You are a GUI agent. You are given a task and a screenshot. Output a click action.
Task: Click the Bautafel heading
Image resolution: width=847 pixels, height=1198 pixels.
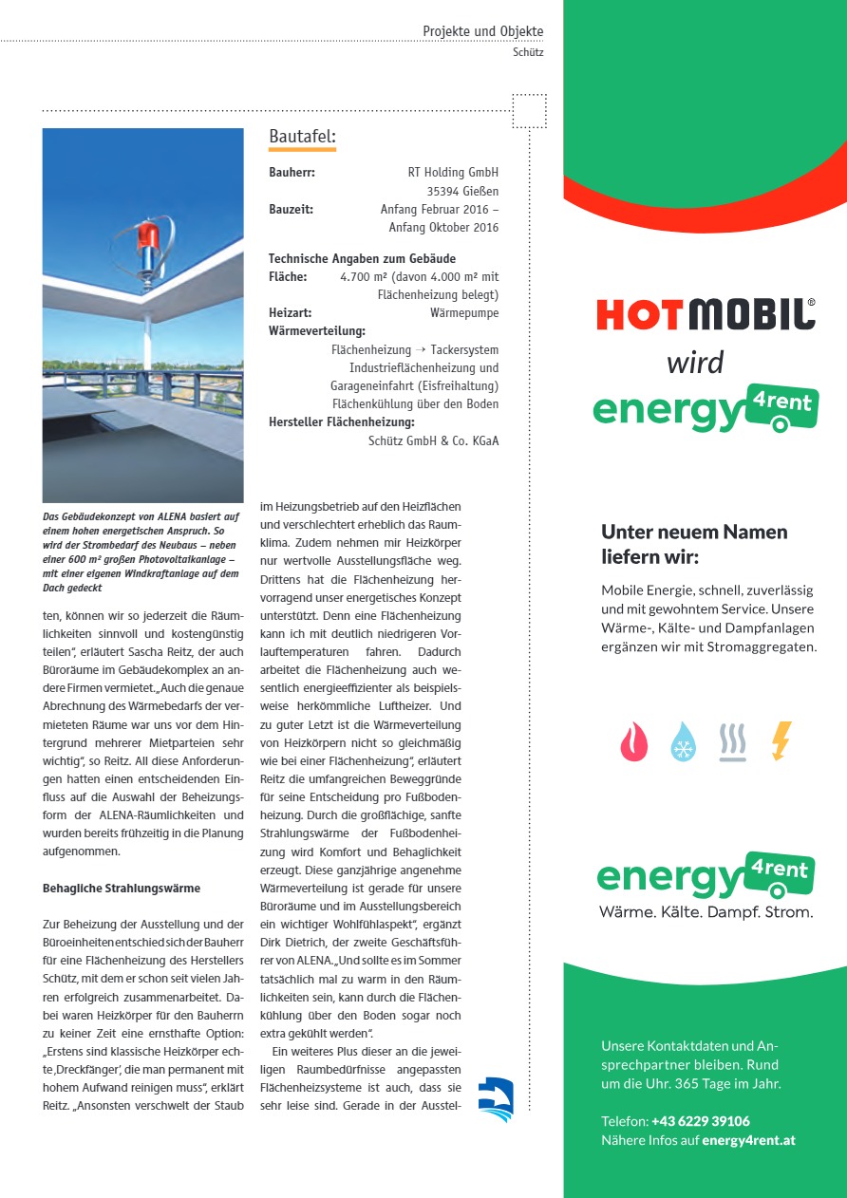coord(302,138)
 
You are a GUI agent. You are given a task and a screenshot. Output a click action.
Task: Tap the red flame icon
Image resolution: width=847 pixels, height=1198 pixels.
coord(633,741)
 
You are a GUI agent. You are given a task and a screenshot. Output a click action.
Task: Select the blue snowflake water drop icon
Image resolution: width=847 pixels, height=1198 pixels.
coord(683,741)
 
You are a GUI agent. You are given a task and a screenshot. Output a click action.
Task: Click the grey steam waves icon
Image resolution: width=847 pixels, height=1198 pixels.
coord(732,741)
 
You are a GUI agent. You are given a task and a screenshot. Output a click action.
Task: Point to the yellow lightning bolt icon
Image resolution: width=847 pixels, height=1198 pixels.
coord(781,740)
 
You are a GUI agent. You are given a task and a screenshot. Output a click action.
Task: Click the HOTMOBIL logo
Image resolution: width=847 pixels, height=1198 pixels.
coord(706,314)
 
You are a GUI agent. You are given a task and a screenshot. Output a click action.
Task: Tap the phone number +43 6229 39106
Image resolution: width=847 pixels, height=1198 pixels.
coord(701,1121)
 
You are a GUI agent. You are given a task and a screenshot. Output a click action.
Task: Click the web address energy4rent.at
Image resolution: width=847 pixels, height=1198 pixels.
coord(748,1140)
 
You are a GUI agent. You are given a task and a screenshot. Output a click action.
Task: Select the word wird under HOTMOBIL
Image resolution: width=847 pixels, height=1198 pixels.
coord(694,362)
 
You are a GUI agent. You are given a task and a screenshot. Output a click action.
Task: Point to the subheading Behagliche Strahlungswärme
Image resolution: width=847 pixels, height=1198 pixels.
coord(122,889)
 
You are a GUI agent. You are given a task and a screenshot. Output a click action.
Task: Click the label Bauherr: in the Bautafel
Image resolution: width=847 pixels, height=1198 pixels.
coord(292,173)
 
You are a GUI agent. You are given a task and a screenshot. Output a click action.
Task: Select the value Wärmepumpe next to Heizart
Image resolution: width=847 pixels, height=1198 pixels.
coord(463,312)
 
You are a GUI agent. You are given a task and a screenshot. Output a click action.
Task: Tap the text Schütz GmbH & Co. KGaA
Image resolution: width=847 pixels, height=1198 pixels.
coord(433,440)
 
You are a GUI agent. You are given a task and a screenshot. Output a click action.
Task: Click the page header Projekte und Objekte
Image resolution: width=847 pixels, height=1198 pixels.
coord(482,31)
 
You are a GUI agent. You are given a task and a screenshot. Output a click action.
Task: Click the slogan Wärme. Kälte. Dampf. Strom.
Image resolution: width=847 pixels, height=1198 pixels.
coord(706,912)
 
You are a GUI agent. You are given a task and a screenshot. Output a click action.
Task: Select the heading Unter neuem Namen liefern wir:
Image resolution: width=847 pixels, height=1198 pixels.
coord(694,544)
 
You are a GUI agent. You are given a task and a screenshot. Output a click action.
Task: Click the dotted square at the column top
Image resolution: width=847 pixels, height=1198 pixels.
coord(529,111)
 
